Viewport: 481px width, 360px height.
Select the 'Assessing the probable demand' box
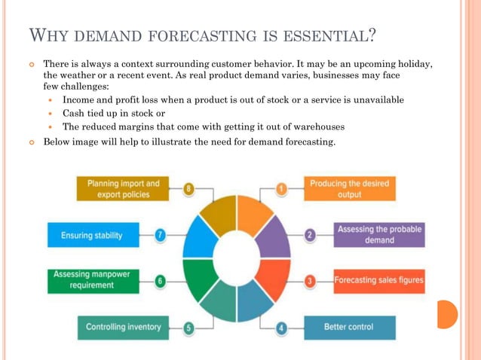pos(379,235)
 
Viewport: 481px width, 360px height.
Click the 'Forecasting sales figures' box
pos(379,281)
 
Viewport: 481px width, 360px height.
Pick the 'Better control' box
pos(349,328)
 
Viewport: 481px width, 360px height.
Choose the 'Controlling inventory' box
pos(124,328)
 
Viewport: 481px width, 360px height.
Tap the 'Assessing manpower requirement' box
pos(94,281)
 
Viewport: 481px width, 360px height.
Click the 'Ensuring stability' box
pos(93,235)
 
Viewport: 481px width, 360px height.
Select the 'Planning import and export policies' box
pos(124,188)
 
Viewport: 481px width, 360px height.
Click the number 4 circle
pos(282,328)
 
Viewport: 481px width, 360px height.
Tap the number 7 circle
pos(161,235)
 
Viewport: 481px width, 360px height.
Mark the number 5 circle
pos(189,328)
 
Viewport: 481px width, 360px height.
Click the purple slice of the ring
pos(273,235)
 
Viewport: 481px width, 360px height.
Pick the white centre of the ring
pos(236,258)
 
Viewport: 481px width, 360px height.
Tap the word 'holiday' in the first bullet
pos(414,64)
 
